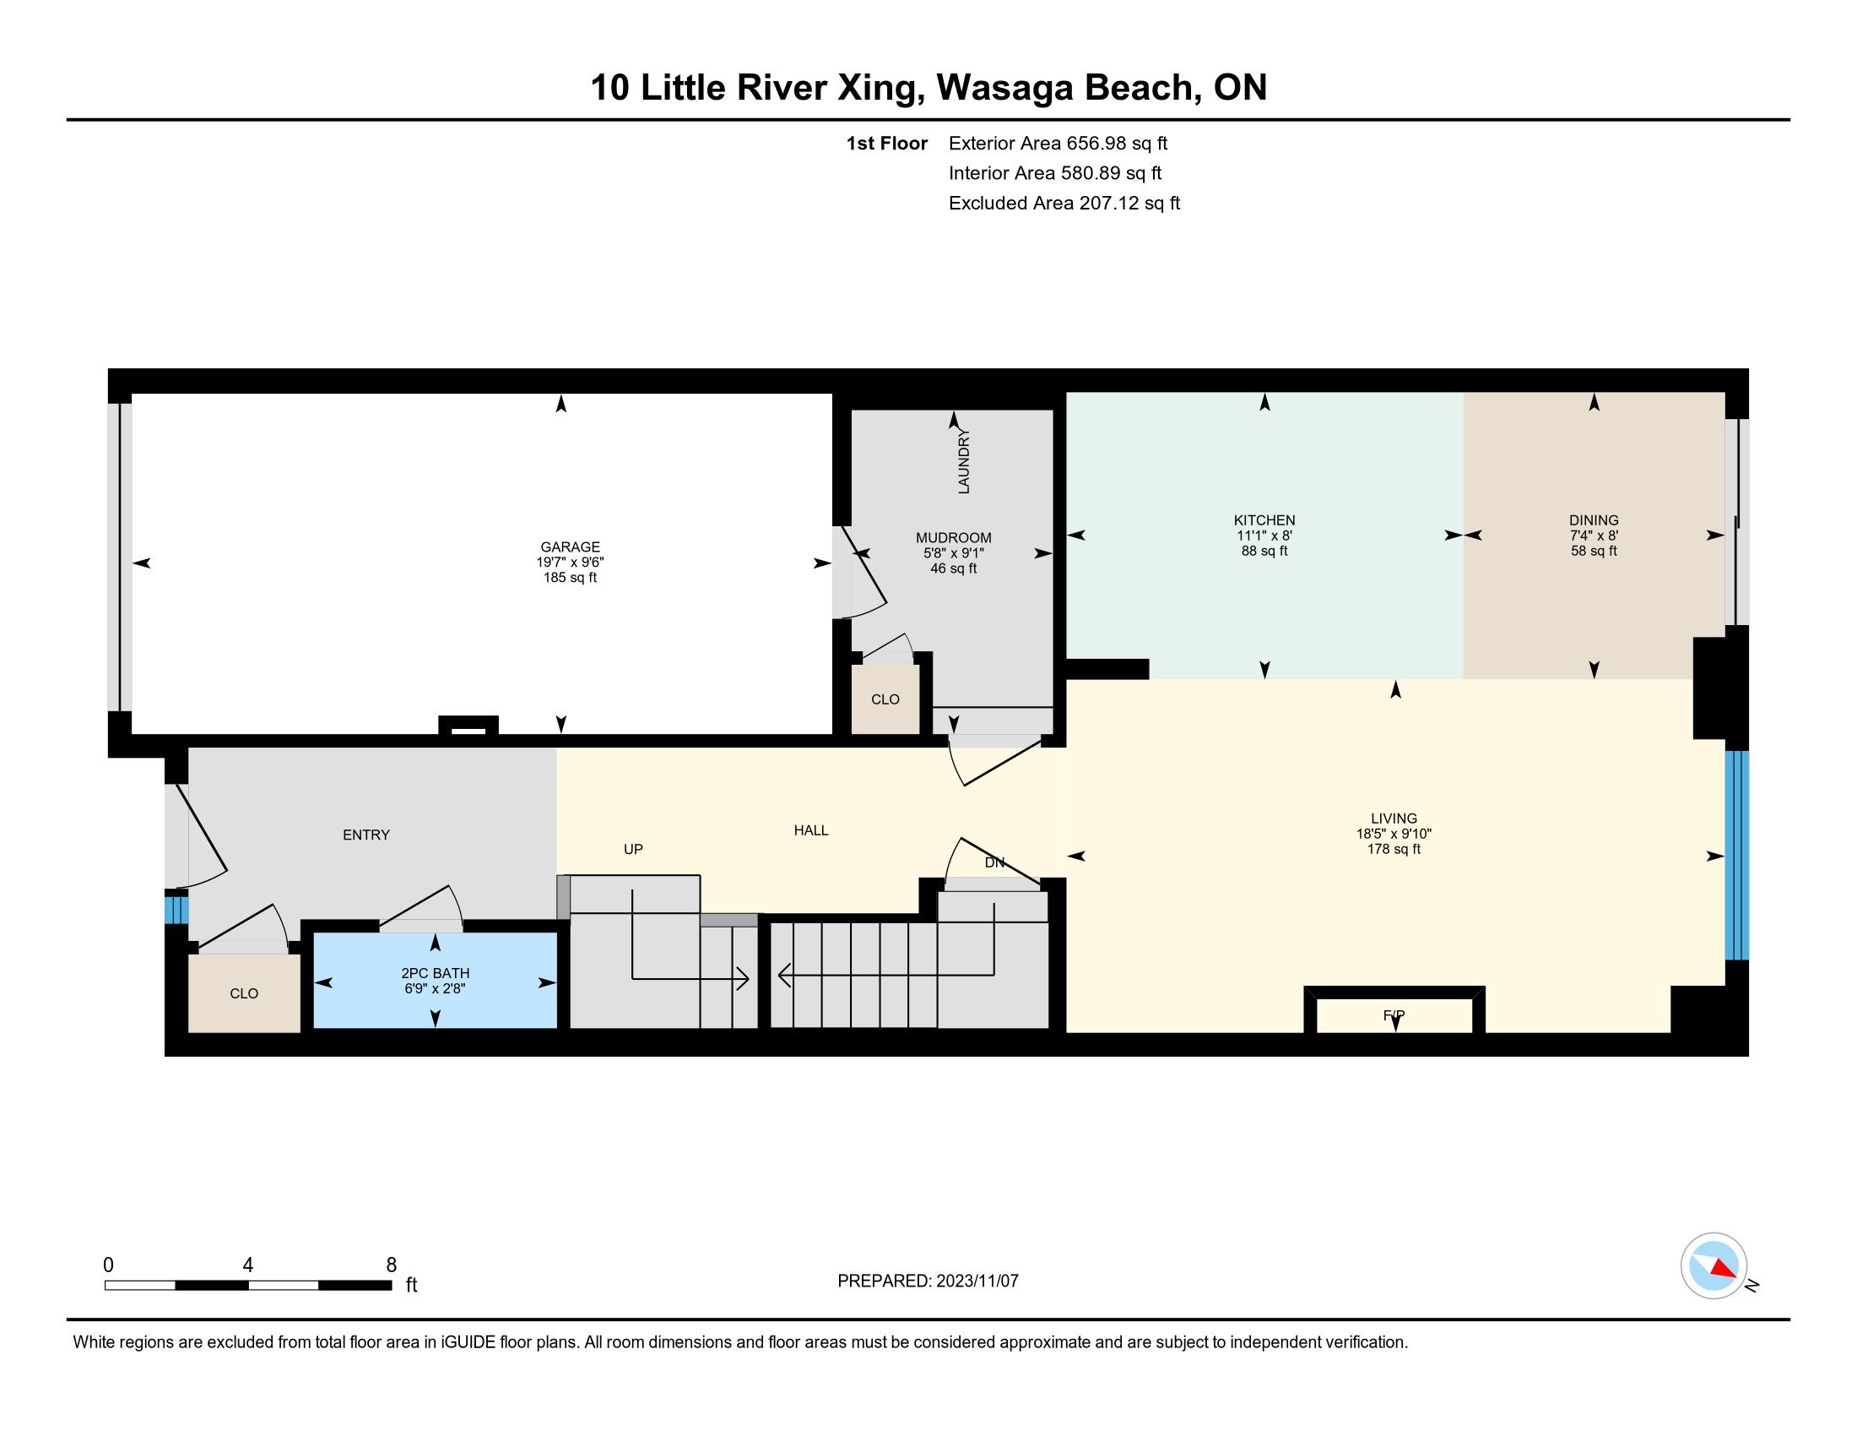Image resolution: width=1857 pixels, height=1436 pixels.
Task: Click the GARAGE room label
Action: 570,547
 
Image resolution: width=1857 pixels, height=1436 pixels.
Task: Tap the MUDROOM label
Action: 953,537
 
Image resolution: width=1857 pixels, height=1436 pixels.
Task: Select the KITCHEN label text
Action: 1264,519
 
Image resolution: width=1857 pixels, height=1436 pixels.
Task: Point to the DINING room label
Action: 1594,519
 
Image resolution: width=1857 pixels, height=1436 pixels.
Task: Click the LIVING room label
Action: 1394,819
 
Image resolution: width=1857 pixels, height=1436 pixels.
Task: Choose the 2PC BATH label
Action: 436,973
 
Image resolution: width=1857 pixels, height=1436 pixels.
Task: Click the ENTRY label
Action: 366,835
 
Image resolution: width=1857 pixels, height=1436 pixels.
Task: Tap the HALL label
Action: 811,830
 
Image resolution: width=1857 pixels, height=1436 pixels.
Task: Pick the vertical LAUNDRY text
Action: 963,461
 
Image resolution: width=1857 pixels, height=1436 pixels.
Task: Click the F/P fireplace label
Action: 1394,1014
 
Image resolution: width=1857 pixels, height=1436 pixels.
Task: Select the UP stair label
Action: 633,849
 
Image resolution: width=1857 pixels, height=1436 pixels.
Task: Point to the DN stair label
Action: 995,862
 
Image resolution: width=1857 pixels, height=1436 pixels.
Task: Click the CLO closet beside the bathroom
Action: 244,993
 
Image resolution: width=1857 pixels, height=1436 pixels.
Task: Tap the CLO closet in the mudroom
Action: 885,699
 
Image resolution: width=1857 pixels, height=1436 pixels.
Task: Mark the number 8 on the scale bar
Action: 391,1265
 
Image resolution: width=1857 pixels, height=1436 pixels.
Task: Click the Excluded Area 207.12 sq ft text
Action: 1064,204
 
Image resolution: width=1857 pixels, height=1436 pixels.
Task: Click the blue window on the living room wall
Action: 1736,856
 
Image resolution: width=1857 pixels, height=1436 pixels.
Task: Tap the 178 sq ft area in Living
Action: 1394,849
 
